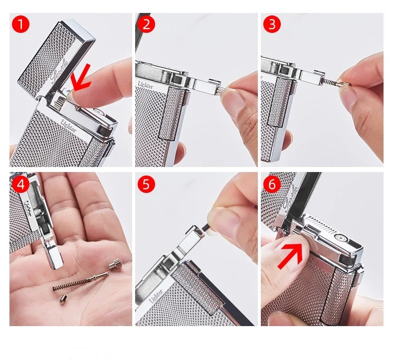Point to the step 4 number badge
[x=20, y=184]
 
